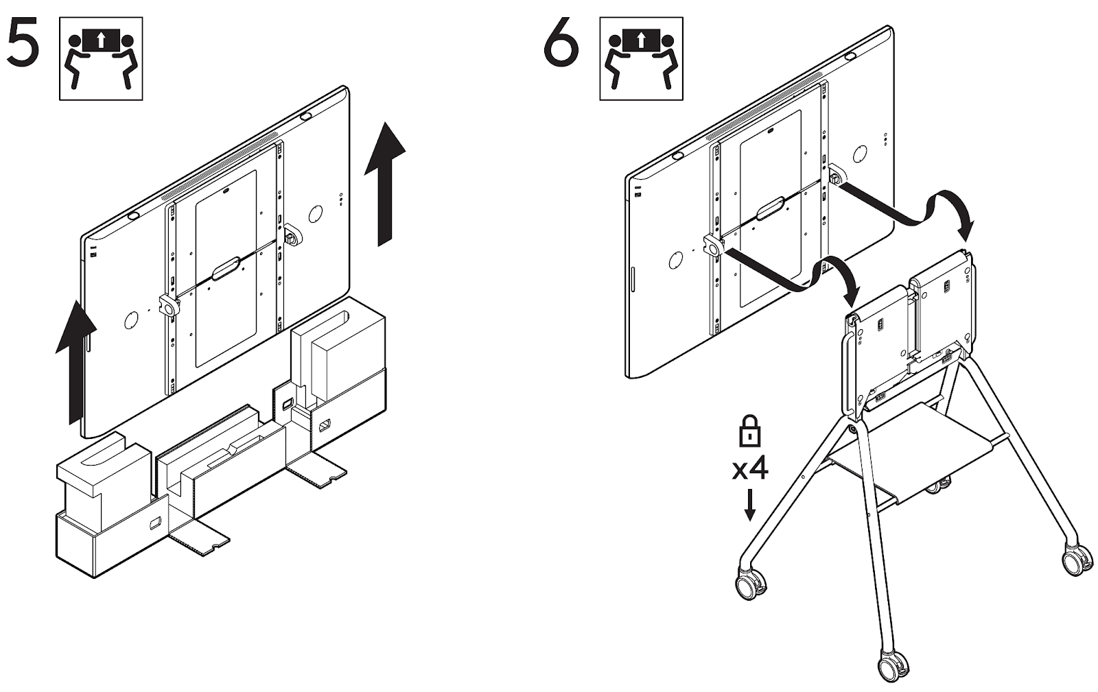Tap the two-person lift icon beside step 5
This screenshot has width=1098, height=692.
101,59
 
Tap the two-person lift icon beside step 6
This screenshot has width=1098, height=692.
641,59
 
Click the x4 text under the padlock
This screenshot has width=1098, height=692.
749,470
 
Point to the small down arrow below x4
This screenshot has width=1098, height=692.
749,505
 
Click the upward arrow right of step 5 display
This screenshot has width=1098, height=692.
384,182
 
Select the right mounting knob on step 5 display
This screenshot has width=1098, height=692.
290,235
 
